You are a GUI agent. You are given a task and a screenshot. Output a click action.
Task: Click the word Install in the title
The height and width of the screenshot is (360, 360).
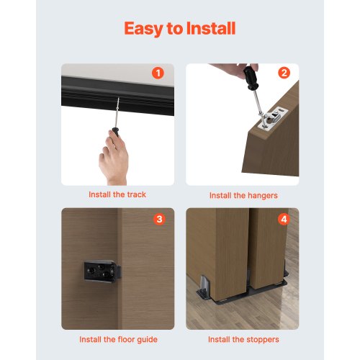tap(210, 29)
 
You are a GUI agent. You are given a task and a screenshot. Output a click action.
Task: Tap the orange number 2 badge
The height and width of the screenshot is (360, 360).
tap(284, 73)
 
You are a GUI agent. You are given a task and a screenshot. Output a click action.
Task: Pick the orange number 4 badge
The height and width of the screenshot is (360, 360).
tap(284, 217)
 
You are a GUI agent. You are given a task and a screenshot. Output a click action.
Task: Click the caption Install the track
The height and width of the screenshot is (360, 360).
tap(117, 194)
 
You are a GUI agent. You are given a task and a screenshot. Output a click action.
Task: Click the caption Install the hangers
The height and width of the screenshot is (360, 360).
tap(243, 195)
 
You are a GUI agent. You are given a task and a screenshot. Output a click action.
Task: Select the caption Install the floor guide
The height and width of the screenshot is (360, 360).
tap(117, 338)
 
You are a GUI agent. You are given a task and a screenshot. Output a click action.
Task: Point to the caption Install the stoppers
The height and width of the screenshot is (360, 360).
tap(243, 338)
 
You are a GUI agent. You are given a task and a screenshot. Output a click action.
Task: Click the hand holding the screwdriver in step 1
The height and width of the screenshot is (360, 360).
tap(114, 155)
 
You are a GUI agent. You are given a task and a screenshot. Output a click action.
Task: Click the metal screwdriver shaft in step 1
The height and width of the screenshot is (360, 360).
tap(115, 113)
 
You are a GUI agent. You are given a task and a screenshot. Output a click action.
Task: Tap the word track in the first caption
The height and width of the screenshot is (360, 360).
tap(135, 194)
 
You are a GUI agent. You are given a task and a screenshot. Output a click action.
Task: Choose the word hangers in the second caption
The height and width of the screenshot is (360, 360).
tap(261, 195)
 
